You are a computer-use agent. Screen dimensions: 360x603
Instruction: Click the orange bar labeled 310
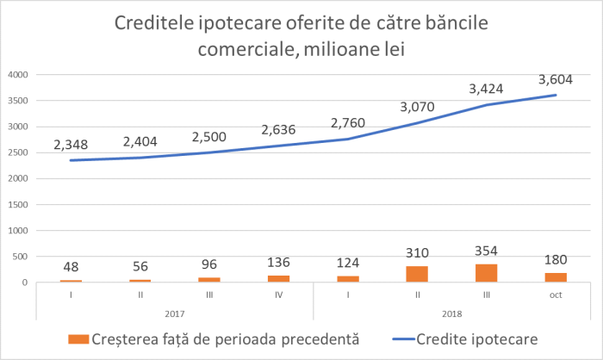[417, 274]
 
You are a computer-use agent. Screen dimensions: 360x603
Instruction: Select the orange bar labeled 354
[486, 273]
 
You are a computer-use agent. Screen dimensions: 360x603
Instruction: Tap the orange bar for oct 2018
[555, 277]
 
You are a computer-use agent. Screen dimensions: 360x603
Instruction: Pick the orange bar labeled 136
[278, 278]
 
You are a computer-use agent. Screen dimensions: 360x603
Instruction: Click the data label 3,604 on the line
[555, 80]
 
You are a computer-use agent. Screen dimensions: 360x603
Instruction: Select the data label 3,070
[417, 109]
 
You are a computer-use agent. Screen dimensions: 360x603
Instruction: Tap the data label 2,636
[278, 130]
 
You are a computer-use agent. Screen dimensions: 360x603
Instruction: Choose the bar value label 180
[555, 260]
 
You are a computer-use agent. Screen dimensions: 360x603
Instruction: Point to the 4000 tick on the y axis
[19, 75]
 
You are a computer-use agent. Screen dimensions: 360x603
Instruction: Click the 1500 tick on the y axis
[19, 204]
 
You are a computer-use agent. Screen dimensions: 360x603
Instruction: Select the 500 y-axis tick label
[22, 257]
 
